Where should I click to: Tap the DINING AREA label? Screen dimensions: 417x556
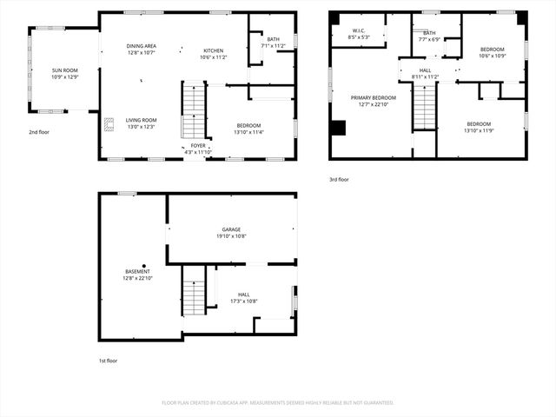142,47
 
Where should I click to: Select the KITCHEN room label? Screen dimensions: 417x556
213,50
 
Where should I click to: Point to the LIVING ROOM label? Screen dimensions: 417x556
140,120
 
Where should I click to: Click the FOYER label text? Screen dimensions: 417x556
199,145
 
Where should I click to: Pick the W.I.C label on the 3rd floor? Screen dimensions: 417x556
360,30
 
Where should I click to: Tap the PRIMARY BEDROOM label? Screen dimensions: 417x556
373,98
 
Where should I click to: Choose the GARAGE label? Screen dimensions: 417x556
230,229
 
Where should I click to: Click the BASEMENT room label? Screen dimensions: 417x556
137,272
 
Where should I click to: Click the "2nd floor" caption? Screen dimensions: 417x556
40,132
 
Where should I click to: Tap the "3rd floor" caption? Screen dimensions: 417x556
339,180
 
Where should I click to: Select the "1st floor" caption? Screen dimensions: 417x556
108,360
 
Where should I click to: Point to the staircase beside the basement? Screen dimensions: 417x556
194,291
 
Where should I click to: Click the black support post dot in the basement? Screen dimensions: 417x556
144,266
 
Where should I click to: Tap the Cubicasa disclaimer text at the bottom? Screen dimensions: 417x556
278,402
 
